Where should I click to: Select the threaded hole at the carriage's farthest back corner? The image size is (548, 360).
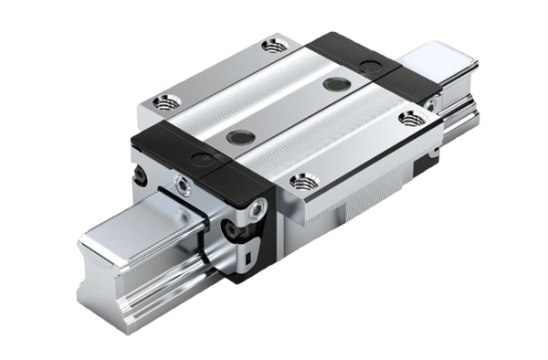coord(270,44)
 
